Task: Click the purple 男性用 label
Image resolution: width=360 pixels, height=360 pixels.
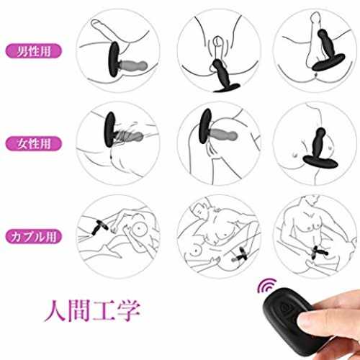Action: click(x=33, y=51)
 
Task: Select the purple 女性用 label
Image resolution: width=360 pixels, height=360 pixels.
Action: click(x=33, y=143)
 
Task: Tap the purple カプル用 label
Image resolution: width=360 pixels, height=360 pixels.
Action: click(x=33, y=236)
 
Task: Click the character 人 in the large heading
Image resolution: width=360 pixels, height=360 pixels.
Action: click(x=55, y=310)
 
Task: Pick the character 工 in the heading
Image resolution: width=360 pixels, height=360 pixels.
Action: click(x=103, y=310)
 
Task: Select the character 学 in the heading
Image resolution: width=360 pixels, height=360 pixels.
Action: click(x=128, y=310)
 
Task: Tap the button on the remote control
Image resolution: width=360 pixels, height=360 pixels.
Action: click(x=286, y=308)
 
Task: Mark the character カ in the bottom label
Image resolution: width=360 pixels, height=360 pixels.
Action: click(x=17, y=236)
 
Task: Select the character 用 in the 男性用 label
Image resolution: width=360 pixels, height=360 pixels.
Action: click(x=45, y=51)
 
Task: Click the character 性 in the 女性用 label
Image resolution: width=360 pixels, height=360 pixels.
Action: click(x=34, y=143)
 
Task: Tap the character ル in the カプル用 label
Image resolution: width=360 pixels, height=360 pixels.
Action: click(x=39, y=236)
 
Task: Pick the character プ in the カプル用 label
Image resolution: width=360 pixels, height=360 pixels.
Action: click(x=27, y=236)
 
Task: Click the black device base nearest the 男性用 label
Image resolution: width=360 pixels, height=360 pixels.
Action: click(x=114, y=59)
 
